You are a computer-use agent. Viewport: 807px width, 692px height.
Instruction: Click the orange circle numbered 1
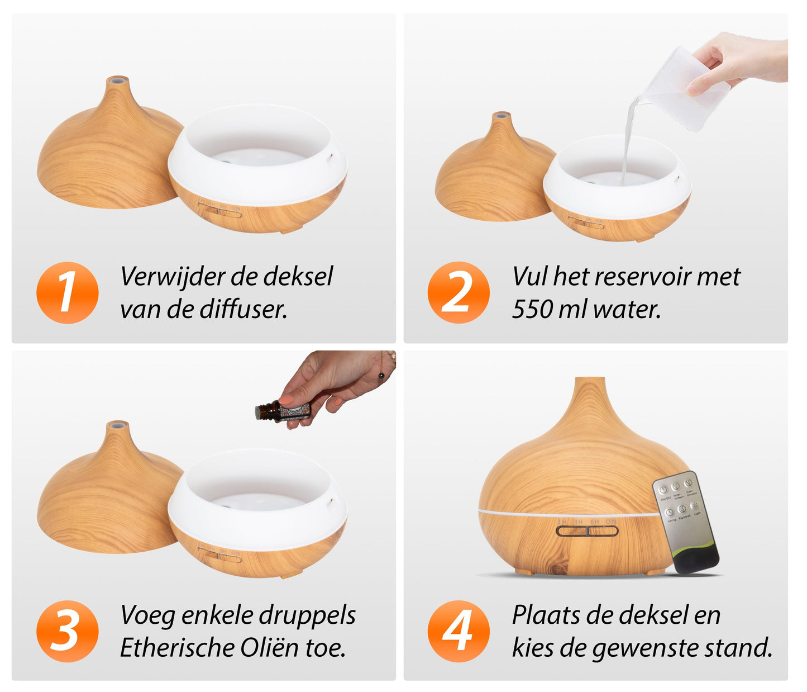pyautogui.click(x=67, y=292)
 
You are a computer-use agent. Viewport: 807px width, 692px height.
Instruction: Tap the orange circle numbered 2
pyautogui.click(x=459, y=292)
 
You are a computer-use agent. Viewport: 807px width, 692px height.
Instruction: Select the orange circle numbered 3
pyautogui.click(x=67, y=631)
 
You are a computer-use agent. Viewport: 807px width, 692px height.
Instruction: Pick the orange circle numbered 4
pyautogui.click(x=459, y=631)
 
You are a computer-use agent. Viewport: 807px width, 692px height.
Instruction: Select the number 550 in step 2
pyautogui.click(x=532, y=309)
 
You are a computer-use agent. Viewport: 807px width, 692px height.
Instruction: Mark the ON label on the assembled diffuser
pyautogui.click(x=611, y=522)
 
